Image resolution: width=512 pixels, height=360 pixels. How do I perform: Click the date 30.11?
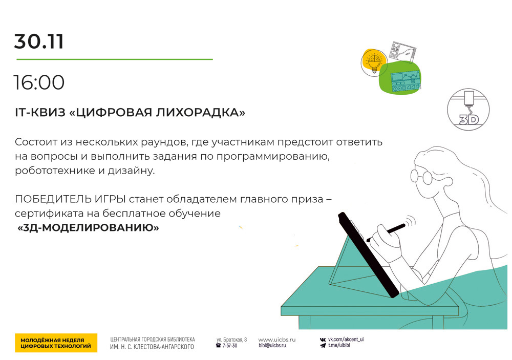(39, 41)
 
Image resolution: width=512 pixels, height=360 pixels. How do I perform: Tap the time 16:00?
(39, 82)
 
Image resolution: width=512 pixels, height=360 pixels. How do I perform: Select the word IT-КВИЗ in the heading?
(40, 112)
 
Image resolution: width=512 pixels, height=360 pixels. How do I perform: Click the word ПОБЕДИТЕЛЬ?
(53, 199)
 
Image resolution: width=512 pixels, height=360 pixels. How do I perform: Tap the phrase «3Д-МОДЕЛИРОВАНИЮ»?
(88, 227)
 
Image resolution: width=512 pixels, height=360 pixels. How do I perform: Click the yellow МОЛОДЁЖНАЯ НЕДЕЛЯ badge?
(56, 343)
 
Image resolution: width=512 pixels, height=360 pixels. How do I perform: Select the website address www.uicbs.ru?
(277, 340)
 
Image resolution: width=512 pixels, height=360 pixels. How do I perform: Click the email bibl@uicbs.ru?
(272, 345)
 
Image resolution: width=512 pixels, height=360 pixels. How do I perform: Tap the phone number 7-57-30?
(230, 346)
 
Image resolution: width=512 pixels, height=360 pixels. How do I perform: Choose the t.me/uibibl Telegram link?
(339, 345)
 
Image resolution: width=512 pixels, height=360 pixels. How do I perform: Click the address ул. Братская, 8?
(231, 340)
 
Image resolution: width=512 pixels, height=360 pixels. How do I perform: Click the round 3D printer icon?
(468, 110)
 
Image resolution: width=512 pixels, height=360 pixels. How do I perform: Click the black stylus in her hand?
(386, 232)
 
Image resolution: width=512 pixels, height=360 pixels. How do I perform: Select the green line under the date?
(115, 59)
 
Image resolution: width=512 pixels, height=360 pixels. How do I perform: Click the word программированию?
(273, 157)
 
